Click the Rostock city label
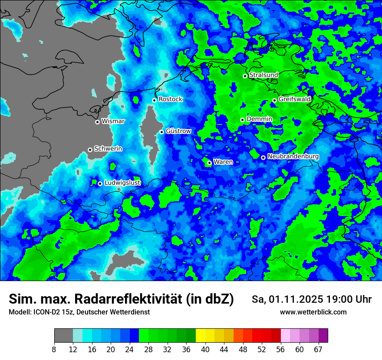click(x=170, y=99)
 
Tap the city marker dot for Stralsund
click(x=245, y=76)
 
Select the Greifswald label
click(x=294, y=99)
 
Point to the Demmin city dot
click(x=242, y=120)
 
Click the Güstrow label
click(x=178, y=131)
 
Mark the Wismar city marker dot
click(x=97, y=122)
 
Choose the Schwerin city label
click(x=108, y=149)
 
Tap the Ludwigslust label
click(x=122, y=183)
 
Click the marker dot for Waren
click(x=209, y=163)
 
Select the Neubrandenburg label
click(x=293, y=157)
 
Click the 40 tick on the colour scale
click(x=205, y=349)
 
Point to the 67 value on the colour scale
click(x=318, y=349)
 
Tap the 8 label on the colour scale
click(x=54, y=349)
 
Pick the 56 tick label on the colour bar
click(x=281, y=349)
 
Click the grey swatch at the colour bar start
click(x=63, y=336)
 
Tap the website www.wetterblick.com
click(x=313, y=312)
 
